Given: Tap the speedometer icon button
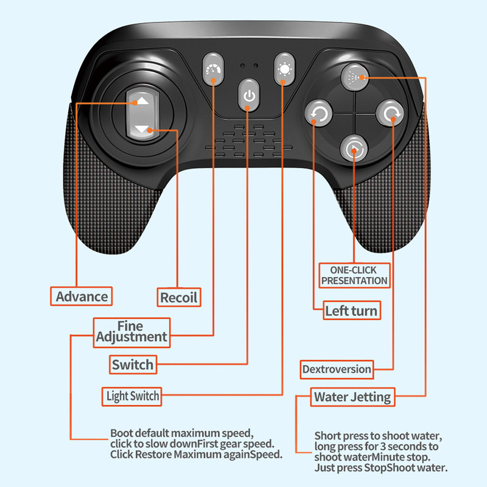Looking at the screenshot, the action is (213, 69).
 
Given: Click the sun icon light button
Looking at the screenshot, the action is (284, 69).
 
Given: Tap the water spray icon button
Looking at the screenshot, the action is (354, 77).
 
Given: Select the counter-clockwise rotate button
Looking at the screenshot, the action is (318, 113).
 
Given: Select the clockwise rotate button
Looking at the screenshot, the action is (390, 113).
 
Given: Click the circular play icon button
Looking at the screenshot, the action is (354, 149).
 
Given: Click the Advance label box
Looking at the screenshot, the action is (82, 296).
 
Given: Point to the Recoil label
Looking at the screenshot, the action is (179, 298).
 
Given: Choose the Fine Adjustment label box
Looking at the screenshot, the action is (131, 332).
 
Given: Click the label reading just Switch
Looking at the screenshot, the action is (133, 365).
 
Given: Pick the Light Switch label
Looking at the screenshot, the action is (132, 396).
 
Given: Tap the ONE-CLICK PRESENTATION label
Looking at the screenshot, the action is (354, 276).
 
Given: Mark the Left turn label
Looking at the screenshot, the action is (352, 310).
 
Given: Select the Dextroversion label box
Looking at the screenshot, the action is (337, 370).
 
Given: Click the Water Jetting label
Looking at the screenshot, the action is (352, 397).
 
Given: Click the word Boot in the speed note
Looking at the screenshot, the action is (122, 433).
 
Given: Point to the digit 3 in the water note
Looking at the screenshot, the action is (384, 447).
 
